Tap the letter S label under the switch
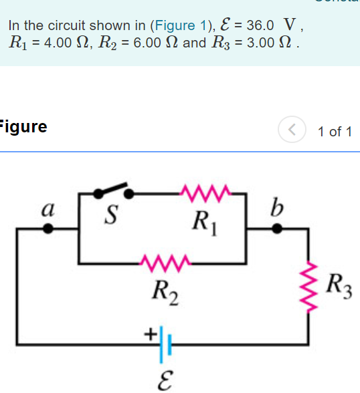pos(112,215)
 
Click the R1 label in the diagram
pos(203,219)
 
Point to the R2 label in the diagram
pos(165,291)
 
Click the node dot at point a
pos(48,229)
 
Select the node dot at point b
pos(276,229)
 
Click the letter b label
pos(276,208)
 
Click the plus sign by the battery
pos(151,332)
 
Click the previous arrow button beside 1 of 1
pos(292,130)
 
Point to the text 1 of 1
pos(335,131)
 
